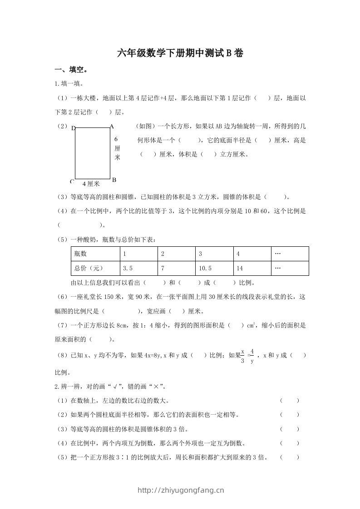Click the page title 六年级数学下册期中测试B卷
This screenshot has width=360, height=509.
click(180, 54)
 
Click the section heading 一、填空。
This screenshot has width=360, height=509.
click(71, 70)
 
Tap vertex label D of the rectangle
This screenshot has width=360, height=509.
click(74, 128)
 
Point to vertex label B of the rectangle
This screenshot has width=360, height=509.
click(114, 180)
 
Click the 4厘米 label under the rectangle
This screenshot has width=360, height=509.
click(91, 184)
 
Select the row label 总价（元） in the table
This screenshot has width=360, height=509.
click(86, 268)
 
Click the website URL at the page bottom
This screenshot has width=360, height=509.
click(180, 489)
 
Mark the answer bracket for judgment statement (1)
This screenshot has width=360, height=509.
click(290, 401)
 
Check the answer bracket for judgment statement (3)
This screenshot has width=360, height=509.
click(290, 429)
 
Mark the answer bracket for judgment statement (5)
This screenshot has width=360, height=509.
click(290, 457)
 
